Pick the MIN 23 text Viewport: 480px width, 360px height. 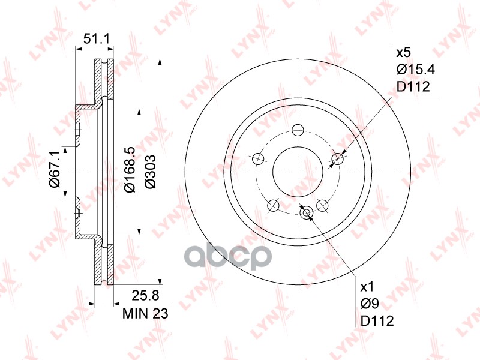pyautogui.click(x=146, y=313)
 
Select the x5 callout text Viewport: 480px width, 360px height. pyautogui.click(x=404, y=52)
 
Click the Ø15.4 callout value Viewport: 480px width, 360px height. pyautogui.click(x=415, y=69)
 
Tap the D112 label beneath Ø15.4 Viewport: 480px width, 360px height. pyautogui.click(x=413, y=86)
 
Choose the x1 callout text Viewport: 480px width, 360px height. pyautogui.click(x=367, y=287)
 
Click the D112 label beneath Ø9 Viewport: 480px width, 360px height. pyautogui.click(x=377, y=321)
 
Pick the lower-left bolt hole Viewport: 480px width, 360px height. pyautogui.click(x=273, y=206)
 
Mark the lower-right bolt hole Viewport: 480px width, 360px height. pyautogui.click(x=322, y=206)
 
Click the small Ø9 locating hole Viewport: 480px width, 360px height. pyautogui.click(x=305, y=212)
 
